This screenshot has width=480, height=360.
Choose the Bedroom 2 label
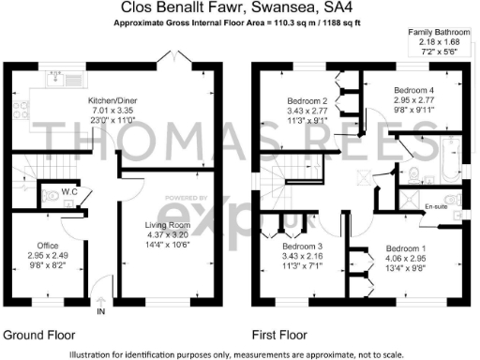307,100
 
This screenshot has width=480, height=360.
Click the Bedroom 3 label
302,247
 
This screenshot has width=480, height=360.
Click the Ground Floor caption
38,335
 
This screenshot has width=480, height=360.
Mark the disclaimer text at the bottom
240,353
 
